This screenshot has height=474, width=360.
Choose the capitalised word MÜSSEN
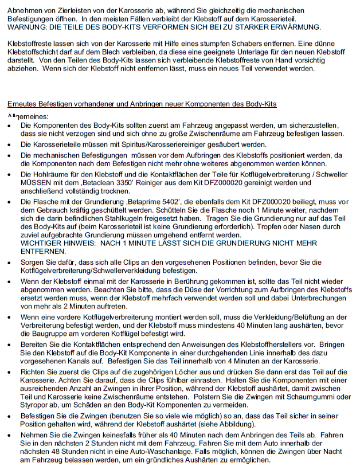tap(35, 183)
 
